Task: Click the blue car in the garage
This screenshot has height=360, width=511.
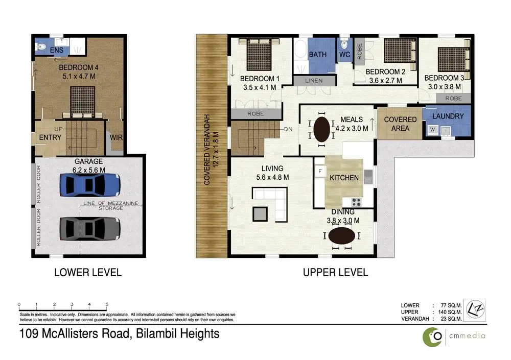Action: pyautogui.click(x=90, y=185)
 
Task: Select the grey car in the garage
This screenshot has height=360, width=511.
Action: pyautogui.click(x=90, y=229)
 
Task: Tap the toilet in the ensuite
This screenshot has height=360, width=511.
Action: pyautogui.click(x=41, y=47)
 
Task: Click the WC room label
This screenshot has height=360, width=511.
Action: pyautogui.click(x=344, y=55)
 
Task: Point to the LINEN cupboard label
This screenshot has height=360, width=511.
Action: pyautogui.click(x=314, y=81)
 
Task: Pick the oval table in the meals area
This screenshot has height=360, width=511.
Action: pyautogui.click(x=321, y=129)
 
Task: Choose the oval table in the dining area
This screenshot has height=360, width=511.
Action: pyautogui.click(x=341, y=235)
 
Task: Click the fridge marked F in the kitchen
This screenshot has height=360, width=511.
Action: pyautogui.click(x=320, y=172)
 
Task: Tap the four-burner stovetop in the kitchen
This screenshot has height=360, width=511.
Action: pyautogui.click(x=356, y=202)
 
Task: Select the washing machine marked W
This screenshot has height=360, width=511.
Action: pyautogui.click(x=432, y=130)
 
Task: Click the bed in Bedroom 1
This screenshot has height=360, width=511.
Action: pyautogui.click(x=259, y=55)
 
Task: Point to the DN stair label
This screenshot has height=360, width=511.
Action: pyautogui.click(x=288, y=129)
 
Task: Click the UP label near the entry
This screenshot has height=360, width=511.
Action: pyautogui.click(x=58, y=129)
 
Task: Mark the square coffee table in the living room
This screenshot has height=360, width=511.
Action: pyautogui.click(x=260, y=214)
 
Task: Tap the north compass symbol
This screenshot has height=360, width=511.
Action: pyautogui.click(x=475, y=310)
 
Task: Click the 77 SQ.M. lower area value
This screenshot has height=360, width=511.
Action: pyautogui.click(x=451, y=305)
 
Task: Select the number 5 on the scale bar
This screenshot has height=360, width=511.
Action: pyautogui.click(x=107, y=304)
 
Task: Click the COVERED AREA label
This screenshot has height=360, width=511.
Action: pyautogui.click(x=400, y=124)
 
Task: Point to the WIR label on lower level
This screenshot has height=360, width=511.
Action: pyautogui.click(x=116, y=137)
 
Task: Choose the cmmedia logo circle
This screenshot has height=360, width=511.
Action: pyautogui.click(x=432, y=337)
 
